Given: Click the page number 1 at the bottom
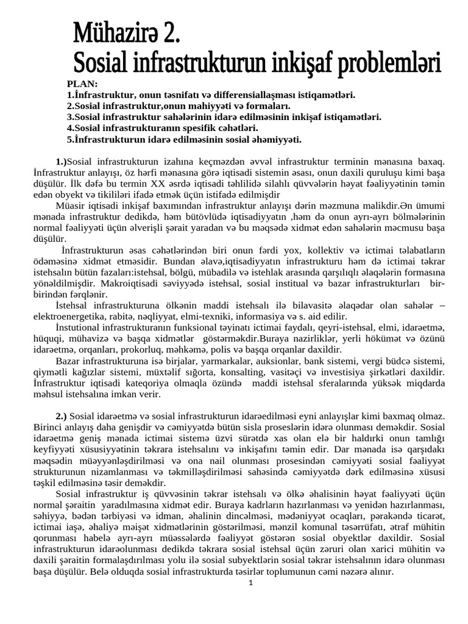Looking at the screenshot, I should pyautogui.click(x=250, y=582).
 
